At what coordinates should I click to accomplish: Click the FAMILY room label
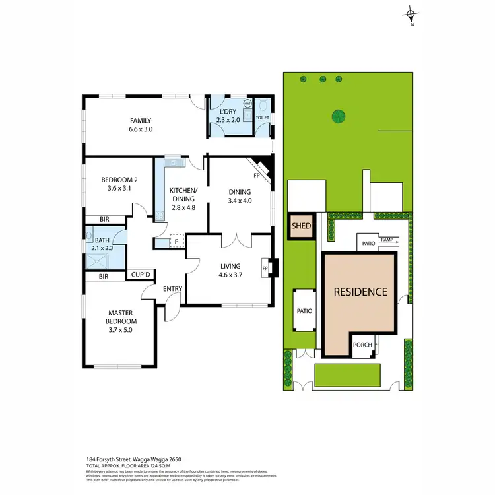[x=141, y=121]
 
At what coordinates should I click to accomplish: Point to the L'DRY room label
[x=229, y=112]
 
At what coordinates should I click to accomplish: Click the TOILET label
[x=262, y=116]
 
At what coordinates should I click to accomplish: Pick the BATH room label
[x=102, y=240]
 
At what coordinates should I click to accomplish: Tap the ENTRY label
[x=173, y=288]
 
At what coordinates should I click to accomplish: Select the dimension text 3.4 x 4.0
[x=240, y=201]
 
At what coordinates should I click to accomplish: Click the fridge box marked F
[x=176, y=242]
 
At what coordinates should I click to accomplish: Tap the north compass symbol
[x=411, y=15]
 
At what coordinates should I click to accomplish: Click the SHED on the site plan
[x=302, y=226]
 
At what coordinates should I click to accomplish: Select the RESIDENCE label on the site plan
[x=360, y=291]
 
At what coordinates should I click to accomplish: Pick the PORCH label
[x=363, y=345]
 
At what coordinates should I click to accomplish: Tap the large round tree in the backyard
[x=339, y=116]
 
